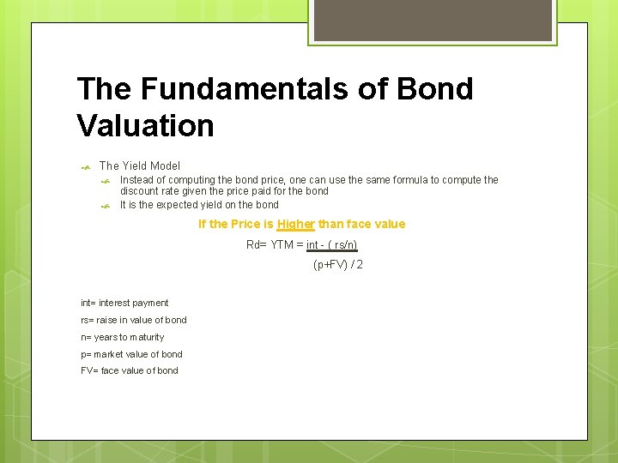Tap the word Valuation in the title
pos(145,125)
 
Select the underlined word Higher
pos(296,224)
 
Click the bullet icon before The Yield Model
pos(86,167)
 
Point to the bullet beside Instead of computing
pos(106,181)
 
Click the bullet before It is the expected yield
pos(106,206)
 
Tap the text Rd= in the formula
pos(257,244)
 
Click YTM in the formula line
pos(282,244)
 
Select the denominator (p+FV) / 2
pos(337,265)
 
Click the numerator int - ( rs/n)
pos(332,244)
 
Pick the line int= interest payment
pos(124,303)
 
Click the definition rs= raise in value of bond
pos(133,320)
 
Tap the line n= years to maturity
pos(122,337)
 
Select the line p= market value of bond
pos(131,354)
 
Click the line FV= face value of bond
pos(130,370)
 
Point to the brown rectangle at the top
pos(431,20)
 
